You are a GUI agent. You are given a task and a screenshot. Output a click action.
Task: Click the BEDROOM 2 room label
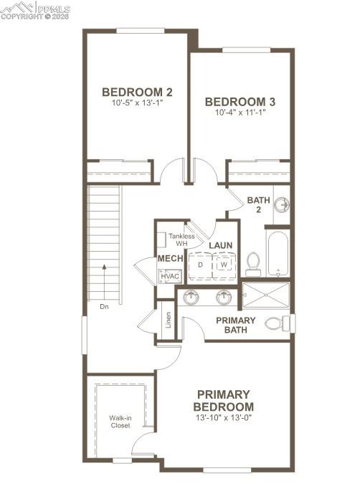(137, 92)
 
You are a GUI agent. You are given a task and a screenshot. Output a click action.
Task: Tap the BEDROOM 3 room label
(240, 101)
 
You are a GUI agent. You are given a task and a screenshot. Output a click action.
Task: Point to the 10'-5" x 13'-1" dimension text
(137, 103)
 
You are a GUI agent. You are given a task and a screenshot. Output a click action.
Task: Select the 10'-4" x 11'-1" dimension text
(240, 113)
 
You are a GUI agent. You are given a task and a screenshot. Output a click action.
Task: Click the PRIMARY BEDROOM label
(224, 401)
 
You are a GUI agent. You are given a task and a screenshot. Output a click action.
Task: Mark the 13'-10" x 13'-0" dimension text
(224, 417)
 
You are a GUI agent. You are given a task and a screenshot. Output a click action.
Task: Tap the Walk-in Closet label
(120, 421)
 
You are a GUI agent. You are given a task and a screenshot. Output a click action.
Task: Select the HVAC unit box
(170, 276)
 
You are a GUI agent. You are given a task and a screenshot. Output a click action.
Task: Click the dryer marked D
(200, 265)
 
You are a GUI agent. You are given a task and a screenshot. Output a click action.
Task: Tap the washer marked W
(224, 265)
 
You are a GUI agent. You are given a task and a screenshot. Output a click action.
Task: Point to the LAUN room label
(220, 246)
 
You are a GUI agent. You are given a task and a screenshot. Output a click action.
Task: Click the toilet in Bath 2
(253, 263)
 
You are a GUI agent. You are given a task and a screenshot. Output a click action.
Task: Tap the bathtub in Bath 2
(278, 252)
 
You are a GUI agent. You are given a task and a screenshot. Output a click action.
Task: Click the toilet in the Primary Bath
(276, 323)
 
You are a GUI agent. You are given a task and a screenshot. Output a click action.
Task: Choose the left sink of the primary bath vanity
(192, 297)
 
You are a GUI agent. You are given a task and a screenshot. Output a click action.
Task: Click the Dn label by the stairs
(104, 306)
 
